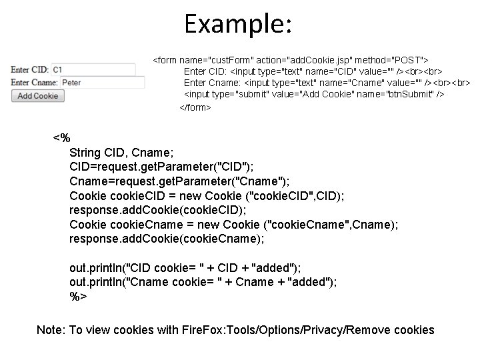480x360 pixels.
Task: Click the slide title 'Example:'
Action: (238, 25)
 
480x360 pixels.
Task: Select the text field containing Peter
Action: (101, 83)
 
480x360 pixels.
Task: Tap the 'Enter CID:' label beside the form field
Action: (29, 69)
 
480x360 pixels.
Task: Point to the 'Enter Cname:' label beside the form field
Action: (34, 83)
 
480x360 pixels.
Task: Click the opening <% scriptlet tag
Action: (61, 138)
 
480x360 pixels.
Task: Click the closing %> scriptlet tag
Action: (78, 295)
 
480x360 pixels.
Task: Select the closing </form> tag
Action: (195, 107)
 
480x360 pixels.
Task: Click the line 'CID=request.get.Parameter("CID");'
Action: (161, 167)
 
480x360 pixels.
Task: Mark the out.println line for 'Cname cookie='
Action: (203, 281)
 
